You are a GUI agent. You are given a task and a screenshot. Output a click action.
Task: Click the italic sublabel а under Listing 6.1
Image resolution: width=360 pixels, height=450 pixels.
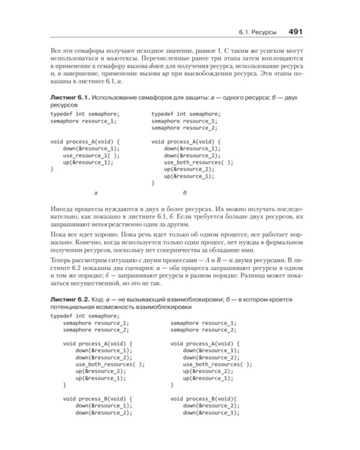click(x=97, y=193)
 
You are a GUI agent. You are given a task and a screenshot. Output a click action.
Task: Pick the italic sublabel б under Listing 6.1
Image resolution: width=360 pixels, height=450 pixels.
click(x=185, y=193)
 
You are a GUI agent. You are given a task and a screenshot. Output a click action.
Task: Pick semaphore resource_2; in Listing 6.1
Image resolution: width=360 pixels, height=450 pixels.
click(x=184, y=128)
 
